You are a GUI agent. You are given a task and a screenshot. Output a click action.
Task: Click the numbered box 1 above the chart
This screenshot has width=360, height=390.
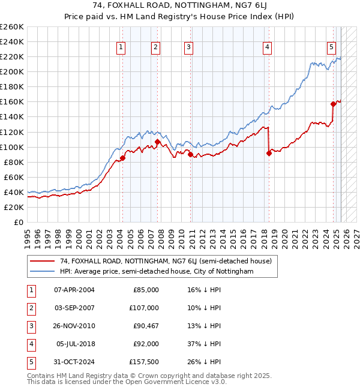coord(121,47)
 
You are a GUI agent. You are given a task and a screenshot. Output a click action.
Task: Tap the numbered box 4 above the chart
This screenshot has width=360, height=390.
coord(267,47)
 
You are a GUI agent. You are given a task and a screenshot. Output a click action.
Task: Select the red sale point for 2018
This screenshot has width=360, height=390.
coord(269,153)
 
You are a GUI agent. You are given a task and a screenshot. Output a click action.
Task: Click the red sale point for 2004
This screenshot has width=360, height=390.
coord(122,158)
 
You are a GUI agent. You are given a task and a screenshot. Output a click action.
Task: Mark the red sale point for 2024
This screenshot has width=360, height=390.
coord(333,104)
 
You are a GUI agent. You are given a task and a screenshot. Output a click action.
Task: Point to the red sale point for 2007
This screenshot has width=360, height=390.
coord(157,142)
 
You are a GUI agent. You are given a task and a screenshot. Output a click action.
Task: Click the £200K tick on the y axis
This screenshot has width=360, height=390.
coord(12,72)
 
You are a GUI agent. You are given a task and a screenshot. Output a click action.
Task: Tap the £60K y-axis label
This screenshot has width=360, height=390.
coord(14,177)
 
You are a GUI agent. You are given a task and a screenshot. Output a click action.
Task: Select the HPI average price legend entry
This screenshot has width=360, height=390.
coord(157,271)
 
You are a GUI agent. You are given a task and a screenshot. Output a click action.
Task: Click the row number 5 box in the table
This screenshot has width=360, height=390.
coord(30,362)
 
